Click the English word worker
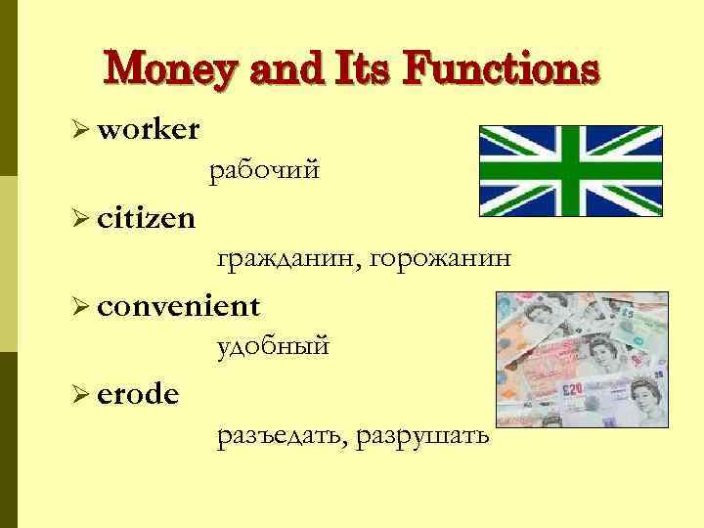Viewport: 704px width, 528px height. tap(150, 128)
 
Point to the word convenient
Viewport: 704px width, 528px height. tap(179, 306)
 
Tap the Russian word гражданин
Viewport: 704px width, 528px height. tap(287, 259)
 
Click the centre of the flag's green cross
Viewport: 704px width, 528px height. tap(570, 170)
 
